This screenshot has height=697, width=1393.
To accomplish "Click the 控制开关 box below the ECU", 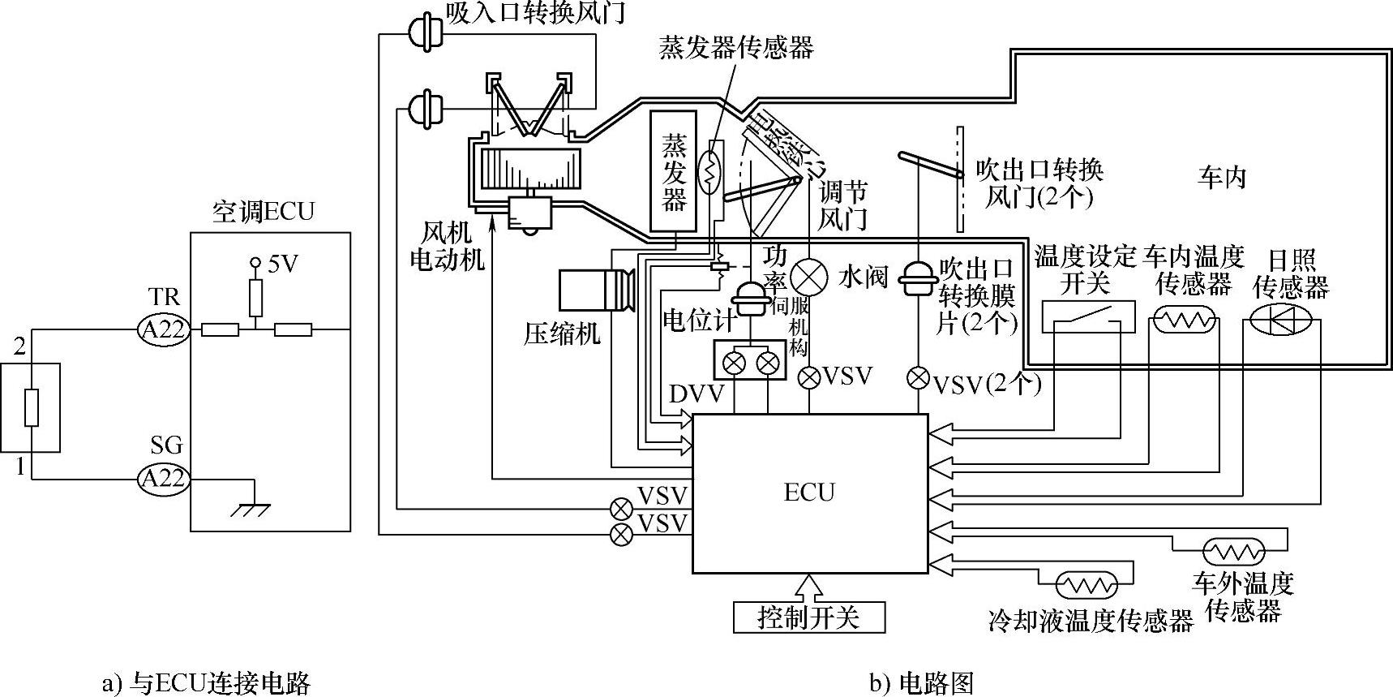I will (808, 617).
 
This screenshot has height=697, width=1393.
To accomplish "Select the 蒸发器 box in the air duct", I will (674, 171).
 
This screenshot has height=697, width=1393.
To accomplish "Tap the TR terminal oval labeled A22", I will (165, 329).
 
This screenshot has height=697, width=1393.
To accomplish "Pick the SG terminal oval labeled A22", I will (165, 479).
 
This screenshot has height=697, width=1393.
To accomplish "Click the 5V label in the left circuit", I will (282, 264).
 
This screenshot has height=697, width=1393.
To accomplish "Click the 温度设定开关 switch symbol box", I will (1087, 317).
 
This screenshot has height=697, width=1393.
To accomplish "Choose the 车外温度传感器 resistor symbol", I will (1233, 553).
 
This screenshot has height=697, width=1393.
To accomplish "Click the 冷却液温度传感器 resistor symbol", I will (1087, 583).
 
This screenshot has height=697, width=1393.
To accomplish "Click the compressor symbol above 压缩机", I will (596, 290).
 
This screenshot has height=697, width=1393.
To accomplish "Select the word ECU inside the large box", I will (808, 493).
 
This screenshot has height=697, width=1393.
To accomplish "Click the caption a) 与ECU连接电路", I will (207, 683).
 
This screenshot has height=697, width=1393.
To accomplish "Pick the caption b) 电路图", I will (921, 683).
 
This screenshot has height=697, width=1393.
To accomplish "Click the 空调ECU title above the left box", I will (263, 213).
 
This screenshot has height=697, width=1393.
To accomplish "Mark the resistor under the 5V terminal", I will (255, 299).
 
